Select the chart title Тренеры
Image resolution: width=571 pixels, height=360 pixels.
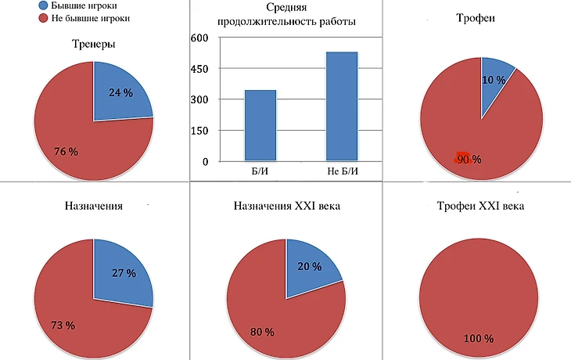(x=94, y=45)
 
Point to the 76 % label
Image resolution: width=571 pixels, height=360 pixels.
(x=66, y=151)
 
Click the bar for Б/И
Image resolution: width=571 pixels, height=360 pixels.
(x=260, y=125)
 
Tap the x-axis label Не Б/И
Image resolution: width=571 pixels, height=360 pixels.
(x=341, y=170)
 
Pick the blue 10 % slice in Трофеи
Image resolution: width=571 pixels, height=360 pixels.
(x=496, y=78)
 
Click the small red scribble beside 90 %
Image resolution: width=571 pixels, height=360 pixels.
(x=461, y=157)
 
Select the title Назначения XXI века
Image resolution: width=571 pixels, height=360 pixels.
(x=286, y=207)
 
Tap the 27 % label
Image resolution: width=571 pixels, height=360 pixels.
(x=123, y=274)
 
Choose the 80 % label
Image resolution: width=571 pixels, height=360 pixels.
(x=261, y=332)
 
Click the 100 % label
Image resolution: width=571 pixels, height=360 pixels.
(x=479, y=339)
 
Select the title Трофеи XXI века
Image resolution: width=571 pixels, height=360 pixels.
(x=479, y=207)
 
